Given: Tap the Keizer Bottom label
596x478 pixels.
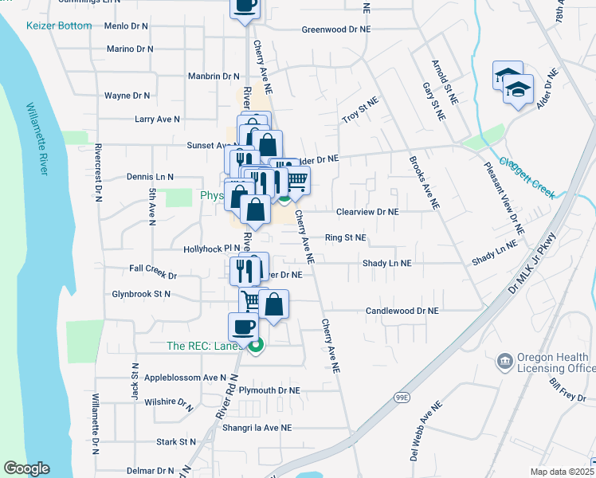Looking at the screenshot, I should pos(60,25).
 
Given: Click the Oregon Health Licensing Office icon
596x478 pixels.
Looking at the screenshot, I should pos(504,362).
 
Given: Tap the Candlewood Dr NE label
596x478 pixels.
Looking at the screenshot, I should pos(402,311).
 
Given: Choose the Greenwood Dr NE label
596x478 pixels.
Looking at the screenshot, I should pos(336,29).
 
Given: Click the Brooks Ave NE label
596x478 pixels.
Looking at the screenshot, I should pos(424,182).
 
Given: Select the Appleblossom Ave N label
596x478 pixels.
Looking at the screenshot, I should pos(186,378).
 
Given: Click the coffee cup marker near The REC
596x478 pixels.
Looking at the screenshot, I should pos(243,325).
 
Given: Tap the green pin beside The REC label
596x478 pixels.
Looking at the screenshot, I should pos(255,346).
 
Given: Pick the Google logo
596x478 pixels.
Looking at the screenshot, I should pos(26,468).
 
